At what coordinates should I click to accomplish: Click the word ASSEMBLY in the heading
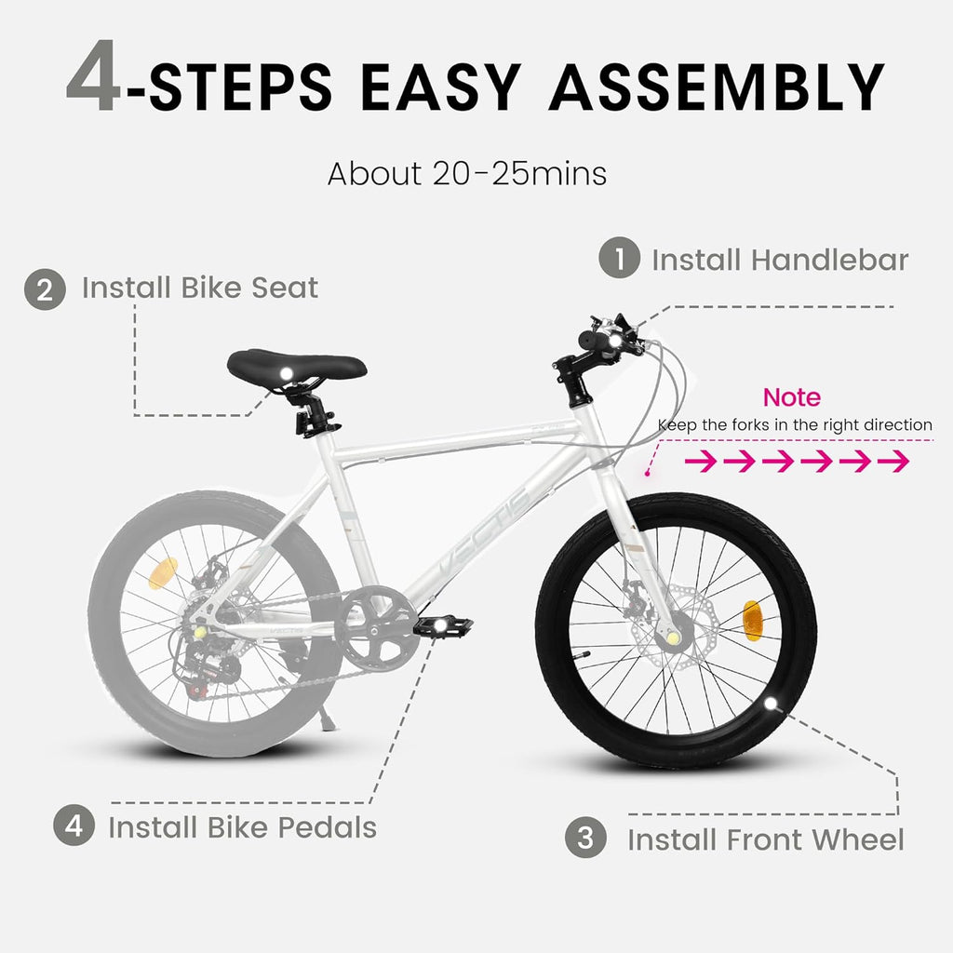point(716,87)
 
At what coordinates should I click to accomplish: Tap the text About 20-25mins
point(467,173)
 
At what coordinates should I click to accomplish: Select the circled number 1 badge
point(619,260)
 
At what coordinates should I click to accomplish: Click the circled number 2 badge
point(45,289)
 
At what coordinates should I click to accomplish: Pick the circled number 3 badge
point(585,839)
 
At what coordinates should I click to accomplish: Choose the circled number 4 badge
point(73,826)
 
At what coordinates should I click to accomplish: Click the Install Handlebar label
point(779,260)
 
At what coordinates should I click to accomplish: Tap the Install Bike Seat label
point(200,288)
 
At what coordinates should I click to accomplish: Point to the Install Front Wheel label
point(765,839)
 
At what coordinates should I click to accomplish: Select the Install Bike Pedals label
point(242,826)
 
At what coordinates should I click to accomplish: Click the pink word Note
point(792,397)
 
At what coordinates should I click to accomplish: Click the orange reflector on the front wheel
point(751,621)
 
